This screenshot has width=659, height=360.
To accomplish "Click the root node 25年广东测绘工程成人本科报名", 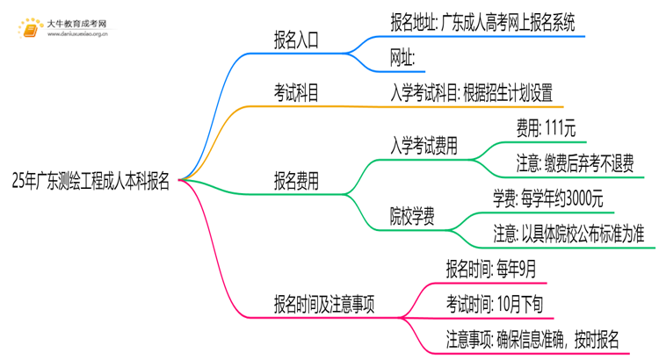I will (92, 182).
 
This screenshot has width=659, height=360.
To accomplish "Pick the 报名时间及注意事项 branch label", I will (325, 303).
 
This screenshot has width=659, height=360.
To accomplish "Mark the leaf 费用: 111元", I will (546, 128).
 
